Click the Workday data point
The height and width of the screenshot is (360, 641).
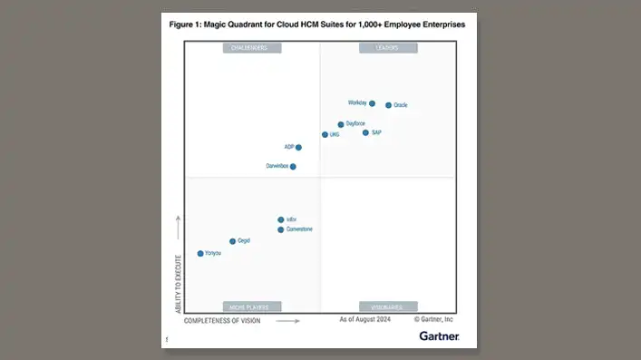(372, 103)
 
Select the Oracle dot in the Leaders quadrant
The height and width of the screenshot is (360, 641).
(389, 105)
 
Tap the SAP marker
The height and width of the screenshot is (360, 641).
(366, 132)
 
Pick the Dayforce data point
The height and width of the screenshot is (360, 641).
(341, 124)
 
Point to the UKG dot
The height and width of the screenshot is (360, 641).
(325, 134)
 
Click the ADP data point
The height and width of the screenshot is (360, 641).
(298, 147)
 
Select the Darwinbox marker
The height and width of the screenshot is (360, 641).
(293, 167)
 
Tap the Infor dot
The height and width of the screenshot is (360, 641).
(281, 219)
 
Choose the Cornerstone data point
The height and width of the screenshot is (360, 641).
(281, 229)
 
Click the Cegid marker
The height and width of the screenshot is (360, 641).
(233, 241)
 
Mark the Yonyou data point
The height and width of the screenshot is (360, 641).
(200, 253)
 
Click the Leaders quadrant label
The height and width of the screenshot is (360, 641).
(388, 48)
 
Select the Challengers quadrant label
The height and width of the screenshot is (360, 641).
(250, 48)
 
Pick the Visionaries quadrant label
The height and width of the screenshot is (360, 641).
(388, 306)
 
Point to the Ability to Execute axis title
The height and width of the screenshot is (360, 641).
(178, 284)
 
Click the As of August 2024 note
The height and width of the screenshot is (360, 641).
(364, 320)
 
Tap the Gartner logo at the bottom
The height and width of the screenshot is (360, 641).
(439, 336)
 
